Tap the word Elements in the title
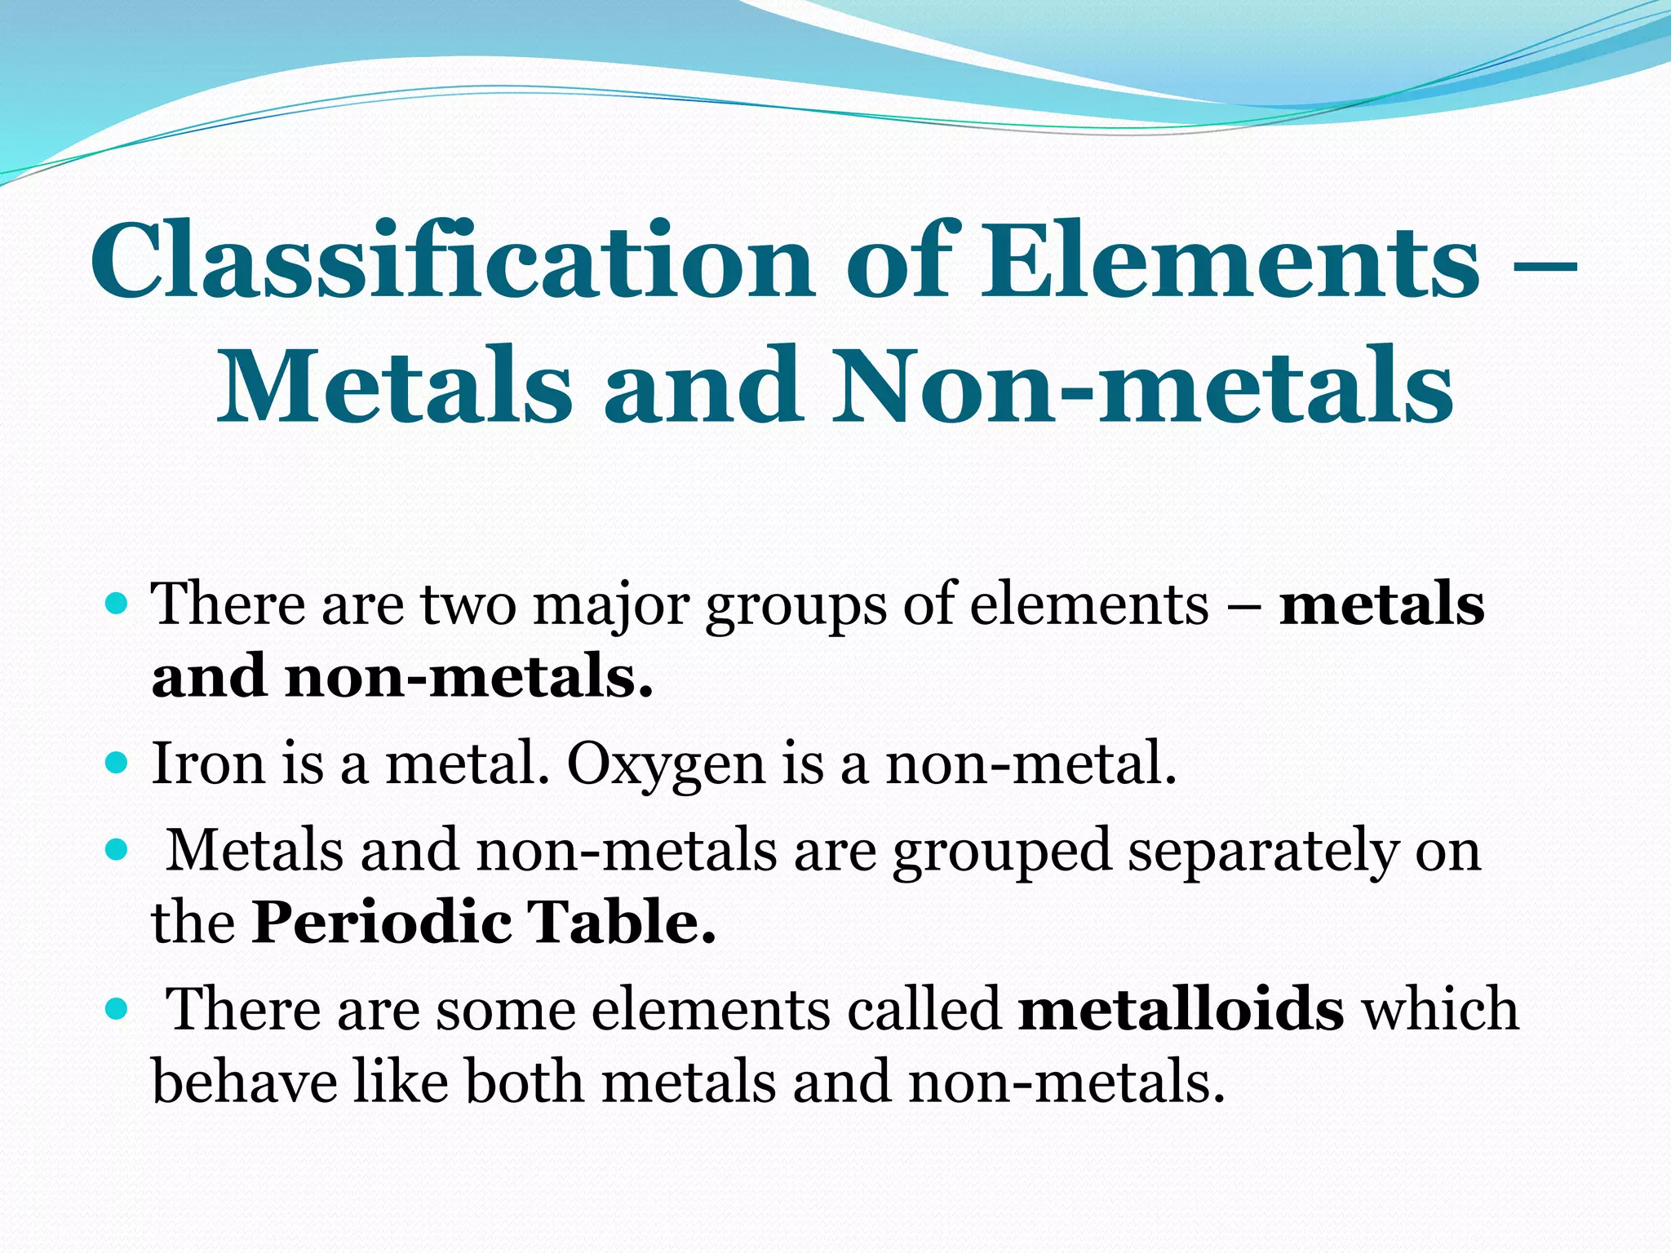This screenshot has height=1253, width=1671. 1230,259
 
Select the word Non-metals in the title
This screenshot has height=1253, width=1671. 1142,385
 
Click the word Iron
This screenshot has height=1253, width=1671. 209,764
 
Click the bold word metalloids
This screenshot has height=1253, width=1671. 1181,1009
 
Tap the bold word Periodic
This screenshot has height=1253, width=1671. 382,923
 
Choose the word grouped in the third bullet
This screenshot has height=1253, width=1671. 1002,852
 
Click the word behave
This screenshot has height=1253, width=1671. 245,1082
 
